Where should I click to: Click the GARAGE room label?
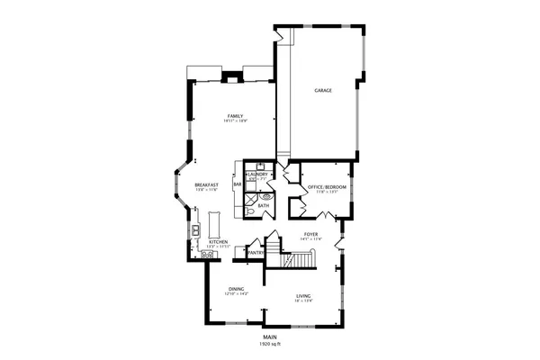pos(324,91)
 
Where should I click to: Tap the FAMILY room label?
pos(236,116)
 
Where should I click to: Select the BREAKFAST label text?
pos(206,184)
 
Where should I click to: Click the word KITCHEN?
pos(219,242)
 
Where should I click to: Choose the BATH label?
pos(263,206)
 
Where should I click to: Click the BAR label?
pos(237,184)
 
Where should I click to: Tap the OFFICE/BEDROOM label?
pos(327,186)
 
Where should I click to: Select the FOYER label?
pos(310,234)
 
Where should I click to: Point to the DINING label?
pos(236,289)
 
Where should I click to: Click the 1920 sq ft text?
pos(269,345)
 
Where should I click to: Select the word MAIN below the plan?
pos(269,337)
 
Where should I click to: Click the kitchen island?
pos(216,221)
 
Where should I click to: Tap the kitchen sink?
pos(194,231)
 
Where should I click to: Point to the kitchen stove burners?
pos(208,254)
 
